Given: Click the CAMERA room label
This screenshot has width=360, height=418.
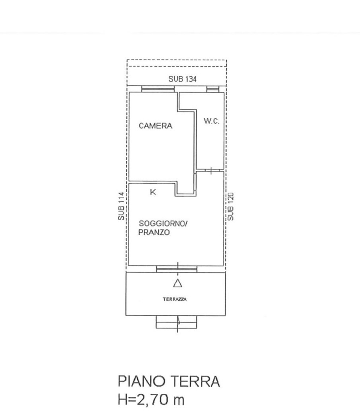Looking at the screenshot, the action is click(156, 125).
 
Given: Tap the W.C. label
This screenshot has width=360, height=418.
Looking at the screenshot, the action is click(212, 121).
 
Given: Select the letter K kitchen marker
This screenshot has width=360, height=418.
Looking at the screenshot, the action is click(153, 192).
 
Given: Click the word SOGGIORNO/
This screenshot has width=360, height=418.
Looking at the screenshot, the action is click(163, 223).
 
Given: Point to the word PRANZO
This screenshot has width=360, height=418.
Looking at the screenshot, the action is click(154, 232).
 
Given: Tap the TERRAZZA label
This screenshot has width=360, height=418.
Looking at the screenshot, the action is click(175, 299).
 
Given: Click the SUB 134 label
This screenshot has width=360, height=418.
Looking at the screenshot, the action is click(183, 79).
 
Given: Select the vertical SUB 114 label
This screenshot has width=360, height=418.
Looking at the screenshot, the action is click(121, 206).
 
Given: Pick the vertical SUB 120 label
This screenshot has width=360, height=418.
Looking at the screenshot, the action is click(230, 207).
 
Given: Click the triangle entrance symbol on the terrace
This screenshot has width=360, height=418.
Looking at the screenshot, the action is click(178, 283).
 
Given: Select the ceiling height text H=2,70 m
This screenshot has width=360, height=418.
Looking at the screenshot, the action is click(151, 399).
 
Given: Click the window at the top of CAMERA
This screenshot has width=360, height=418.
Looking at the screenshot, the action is click(158, 89).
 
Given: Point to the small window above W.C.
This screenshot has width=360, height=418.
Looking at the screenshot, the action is click(213, 89).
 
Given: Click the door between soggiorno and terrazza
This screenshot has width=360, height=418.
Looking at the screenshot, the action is click(177, 269).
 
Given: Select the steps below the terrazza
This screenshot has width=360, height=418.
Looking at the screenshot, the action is click(176, 322).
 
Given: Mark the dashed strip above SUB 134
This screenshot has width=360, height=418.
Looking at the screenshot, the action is click(177, 63).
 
